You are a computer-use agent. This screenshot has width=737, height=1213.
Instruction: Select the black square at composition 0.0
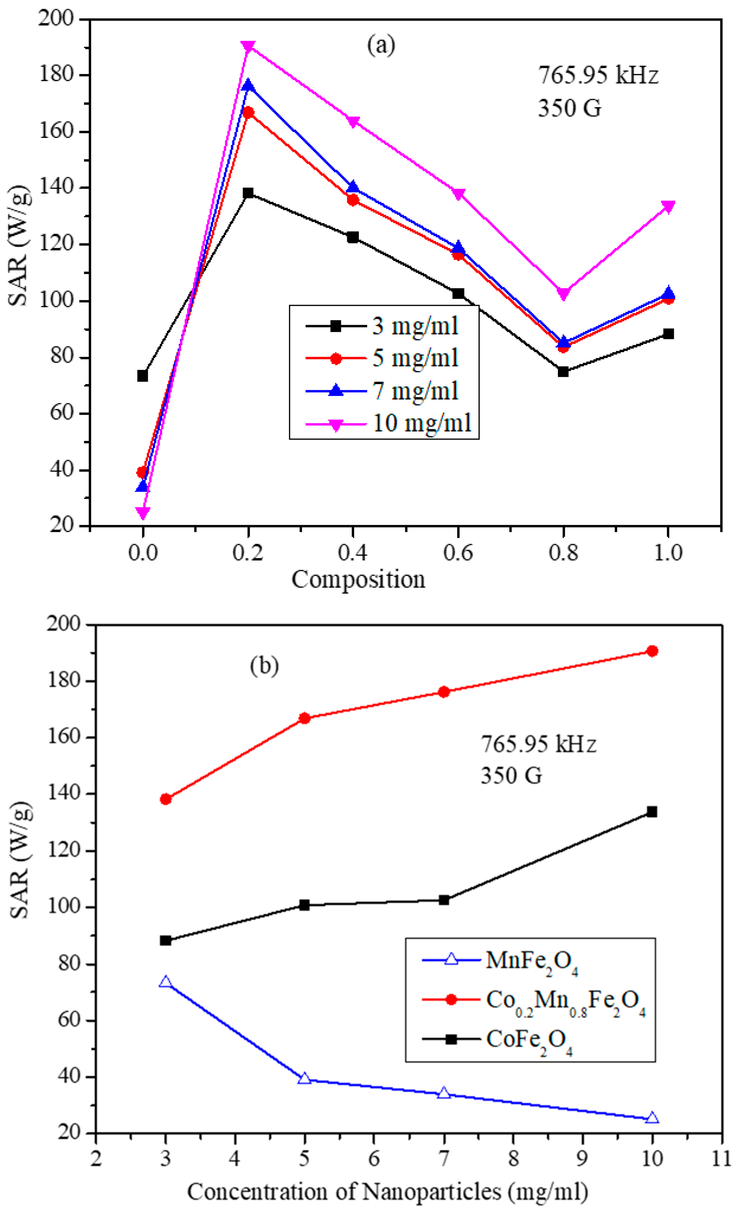[143, 376]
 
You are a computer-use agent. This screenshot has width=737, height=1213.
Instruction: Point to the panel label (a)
[381, 45]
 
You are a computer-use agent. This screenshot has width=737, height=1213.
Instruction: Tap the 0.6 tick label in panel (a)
[458, 553]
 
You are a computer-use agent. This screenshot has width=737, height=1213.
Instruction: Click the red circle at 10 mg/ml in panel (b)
[652, 651]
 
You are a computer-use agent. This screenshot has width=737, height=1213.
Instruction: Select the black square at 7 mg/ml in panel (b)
[444, 900]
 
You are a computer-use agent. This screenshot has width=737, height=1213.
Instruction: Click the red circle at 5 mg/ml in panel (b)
[304, 718]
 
